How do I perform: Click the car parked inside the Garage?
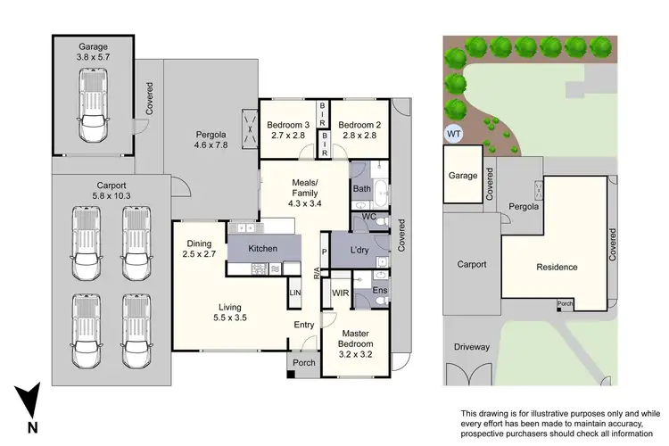(x=93, y=105)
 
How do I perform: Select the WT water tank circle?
(x=454, y=135)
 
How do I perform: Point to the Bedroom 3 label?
(x=288, y=130)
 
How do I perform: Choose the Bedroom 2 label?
(x=359, y=130)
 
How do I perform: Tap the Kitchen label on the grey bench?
(x=264, y=248)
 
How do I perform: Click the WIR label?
(x=339, y=292)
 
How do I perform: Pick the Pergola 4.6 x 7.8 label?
(x=212, y=143)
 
